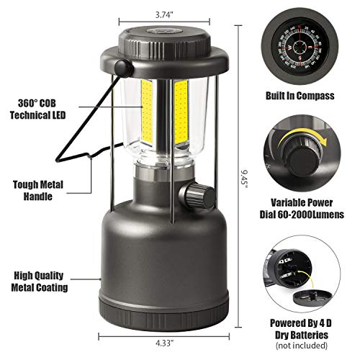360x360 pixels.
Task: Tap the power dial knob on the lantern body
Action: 194,193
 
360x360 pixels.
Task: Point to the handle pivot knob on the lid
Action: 127,69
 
